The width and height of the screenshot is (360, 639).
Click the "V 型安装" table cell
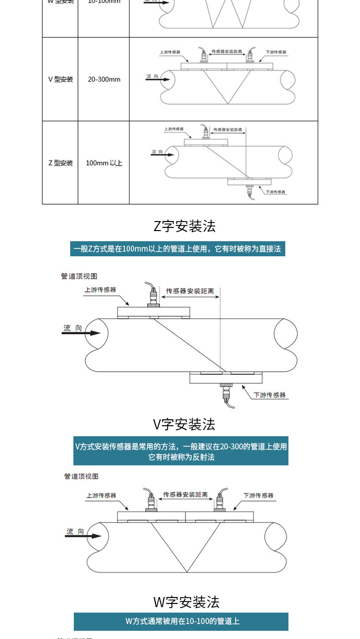point(61,79)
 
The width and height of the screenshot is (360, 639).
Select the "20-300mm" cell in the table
point(104,79)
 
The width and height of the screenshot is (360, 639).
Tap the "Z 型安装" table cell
point(61,163)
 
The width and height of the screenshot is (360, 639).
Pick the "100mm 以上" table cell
point(104,163)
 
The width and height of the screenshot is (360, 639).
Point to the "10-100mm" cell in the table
point(104,2)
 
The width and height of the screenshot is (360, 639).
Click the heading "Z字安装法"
point(184,226)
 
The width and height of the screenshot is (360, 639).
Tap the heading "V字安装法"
point(184,424)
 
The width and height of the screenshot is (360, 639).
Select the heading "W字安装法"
point(186,602)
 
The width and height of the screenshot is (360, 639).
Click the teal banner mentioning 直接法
point(178,249)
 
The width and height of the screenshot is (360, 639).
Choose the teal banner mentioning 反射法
point(181,452)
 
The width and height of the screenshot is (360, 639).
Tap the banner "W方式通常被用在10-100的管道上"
point(181,621)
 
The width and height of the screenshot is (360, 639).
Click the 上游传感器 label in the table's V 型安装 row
point(170,52)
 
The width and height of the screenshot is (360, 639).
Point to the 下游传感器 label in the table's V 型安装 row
point(276,52)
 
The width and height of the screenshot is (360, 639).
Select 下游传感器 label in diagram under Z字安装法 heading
point(270,395)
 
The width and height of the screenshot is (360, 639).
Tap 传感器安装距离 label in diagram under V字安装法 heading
point(185,495)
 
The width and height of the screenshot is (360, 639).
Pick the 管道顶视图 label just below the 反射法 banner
point(81,476)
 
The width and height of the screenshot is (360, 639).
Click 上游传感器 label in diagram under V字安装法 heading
point(101,495)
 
